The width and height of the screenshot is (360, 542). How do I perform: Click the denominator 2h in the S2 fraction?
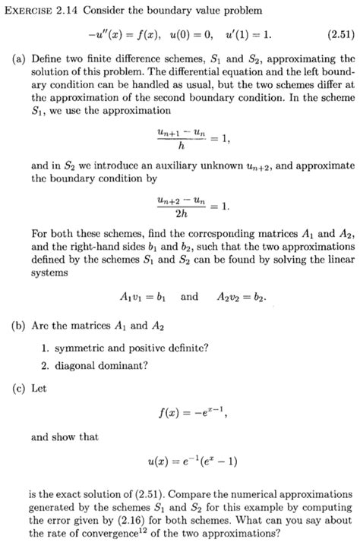click(x=178, y=213)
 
